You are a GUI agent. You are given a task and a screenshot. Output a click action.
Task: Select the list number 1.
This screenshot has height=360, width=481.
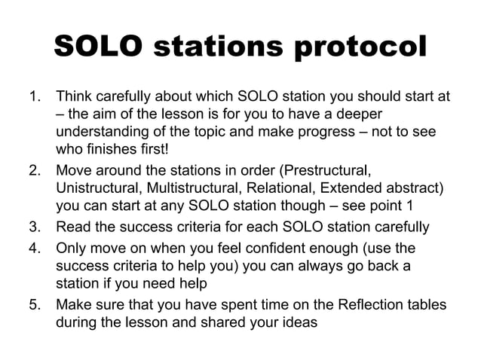click(x=34, y=97)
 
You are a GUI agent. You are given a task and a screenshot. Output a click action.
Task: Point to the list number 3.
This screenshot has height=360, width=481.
click(x=34, y=226)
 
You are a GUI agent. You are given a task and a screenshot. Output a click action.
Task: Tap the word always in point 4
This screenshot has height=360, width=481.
click(x=332, y=264)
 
